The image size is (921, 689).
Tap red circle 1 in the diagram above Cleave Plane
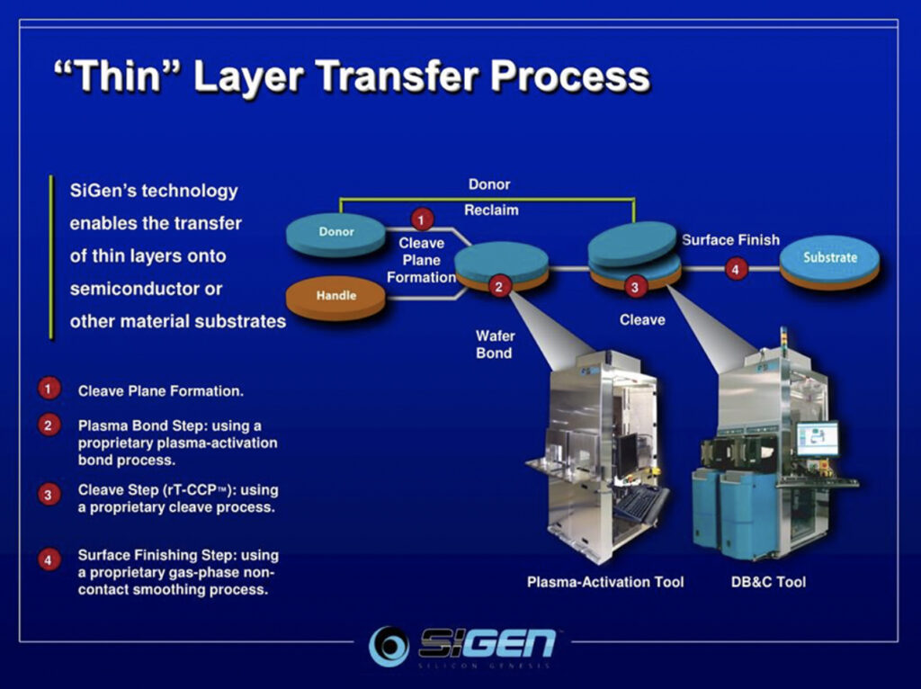[422, 219]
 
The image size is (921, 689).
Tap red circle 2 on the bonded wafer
[500, 287]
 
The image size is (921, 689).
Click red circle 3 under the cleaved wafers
[635, 288]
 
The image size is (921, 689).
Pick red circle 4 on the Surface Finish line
[737, 268]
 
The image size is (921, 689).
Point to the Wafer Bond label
[494, 344]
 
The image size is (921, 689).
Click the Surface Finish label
[730, 239]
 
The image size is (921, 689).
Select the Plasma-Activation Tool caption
[605, 582]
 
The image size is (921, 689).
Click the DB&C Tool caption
[768, 582]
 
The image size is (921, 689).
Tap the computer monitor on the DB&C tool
[817, 439]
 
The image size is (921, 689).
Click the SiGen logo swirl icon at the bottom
[389, 646]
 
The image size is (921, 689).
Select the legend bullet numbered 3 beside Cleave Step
[49, 494]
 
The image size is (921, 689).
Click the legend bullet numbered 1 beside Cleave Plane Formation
[49, 389]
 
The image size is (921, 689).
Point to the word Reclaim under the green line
[491, 210]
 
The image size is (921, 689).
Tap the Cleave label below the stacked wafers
[642, 319]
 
